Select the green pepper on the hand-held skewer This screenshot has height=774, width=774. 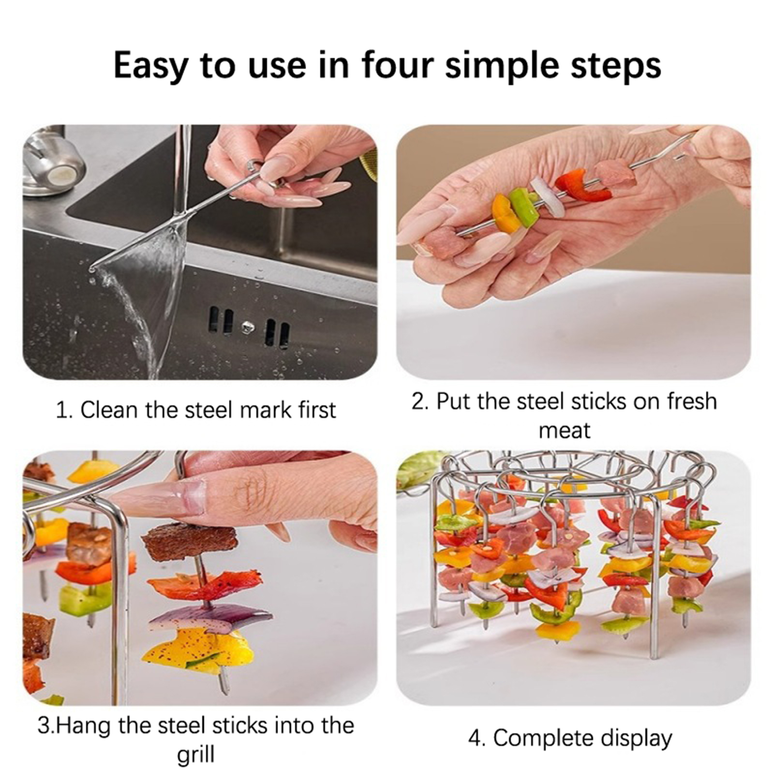(523, 208)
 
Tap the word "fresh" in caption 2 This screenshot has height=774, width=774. (691, 401)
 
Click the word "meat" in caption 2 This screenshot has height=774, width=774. (564, 431)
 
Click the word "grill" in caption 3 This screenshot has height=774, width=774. (195, 755)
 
